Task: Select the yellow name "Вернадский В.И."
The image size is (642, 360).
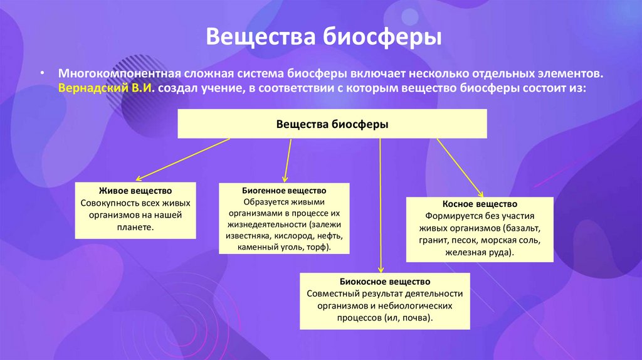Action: (106, 88)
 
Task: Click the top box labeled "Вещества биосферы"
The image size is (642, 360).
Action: (332, 124)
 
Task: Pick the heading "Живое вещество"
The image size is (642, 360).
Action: (135, 190)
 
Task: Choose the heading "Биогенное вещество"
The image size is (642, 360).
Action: (284, 189)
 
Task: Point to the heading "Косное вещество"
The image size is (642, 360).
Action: (479, 204)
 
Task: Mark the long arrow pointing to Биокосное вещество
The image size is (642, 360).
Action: (381, 207)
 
